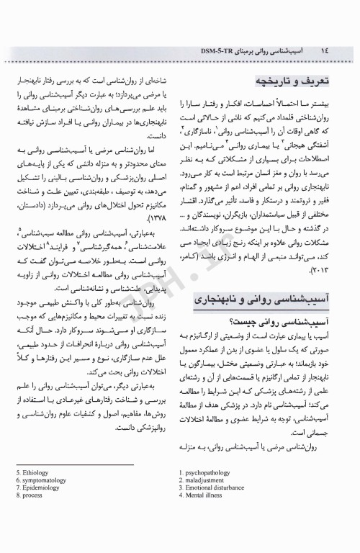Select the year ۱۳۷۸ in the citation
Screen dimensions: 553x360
point(154,198)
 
